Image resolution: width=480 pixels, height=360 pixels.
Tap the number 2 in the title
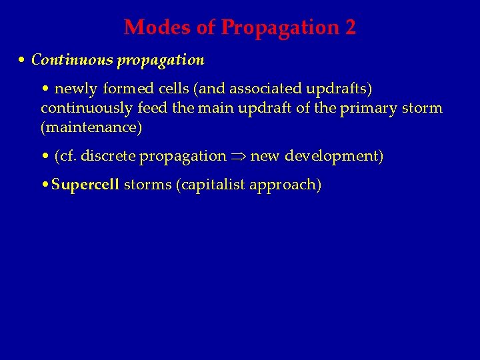pos(350,28)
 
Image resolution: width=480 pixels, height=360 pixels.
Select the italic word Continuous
pos(73,60)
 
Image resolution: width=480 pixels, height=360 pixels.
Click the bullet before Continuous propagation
pos(23,60)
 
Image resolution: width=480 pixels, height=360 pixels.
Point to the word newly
pos(75,89)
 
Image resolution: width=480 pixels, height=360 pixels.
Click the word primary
pos(366,108)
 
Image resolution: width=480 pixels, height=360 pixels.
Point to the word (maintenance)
pos(91,127)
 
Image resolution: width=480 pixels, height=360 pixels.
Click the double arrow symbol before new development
pos(238,157)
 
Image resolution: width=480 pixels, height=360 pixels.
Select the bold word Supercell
pos(85,185)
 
